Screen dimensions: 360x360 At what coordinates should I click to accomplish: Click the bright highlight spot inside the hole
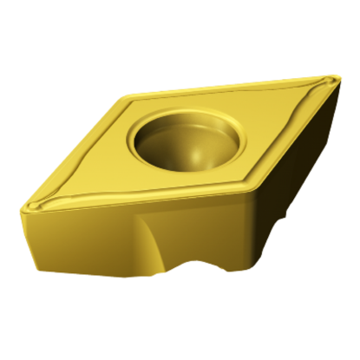[x=198, y=156]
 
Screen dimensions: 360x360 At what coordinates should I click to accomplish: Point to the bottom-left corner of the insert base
[x=36, y=260]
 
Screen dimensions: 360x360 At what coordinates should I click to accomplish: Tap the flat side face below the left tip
[x=78, y=243]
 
